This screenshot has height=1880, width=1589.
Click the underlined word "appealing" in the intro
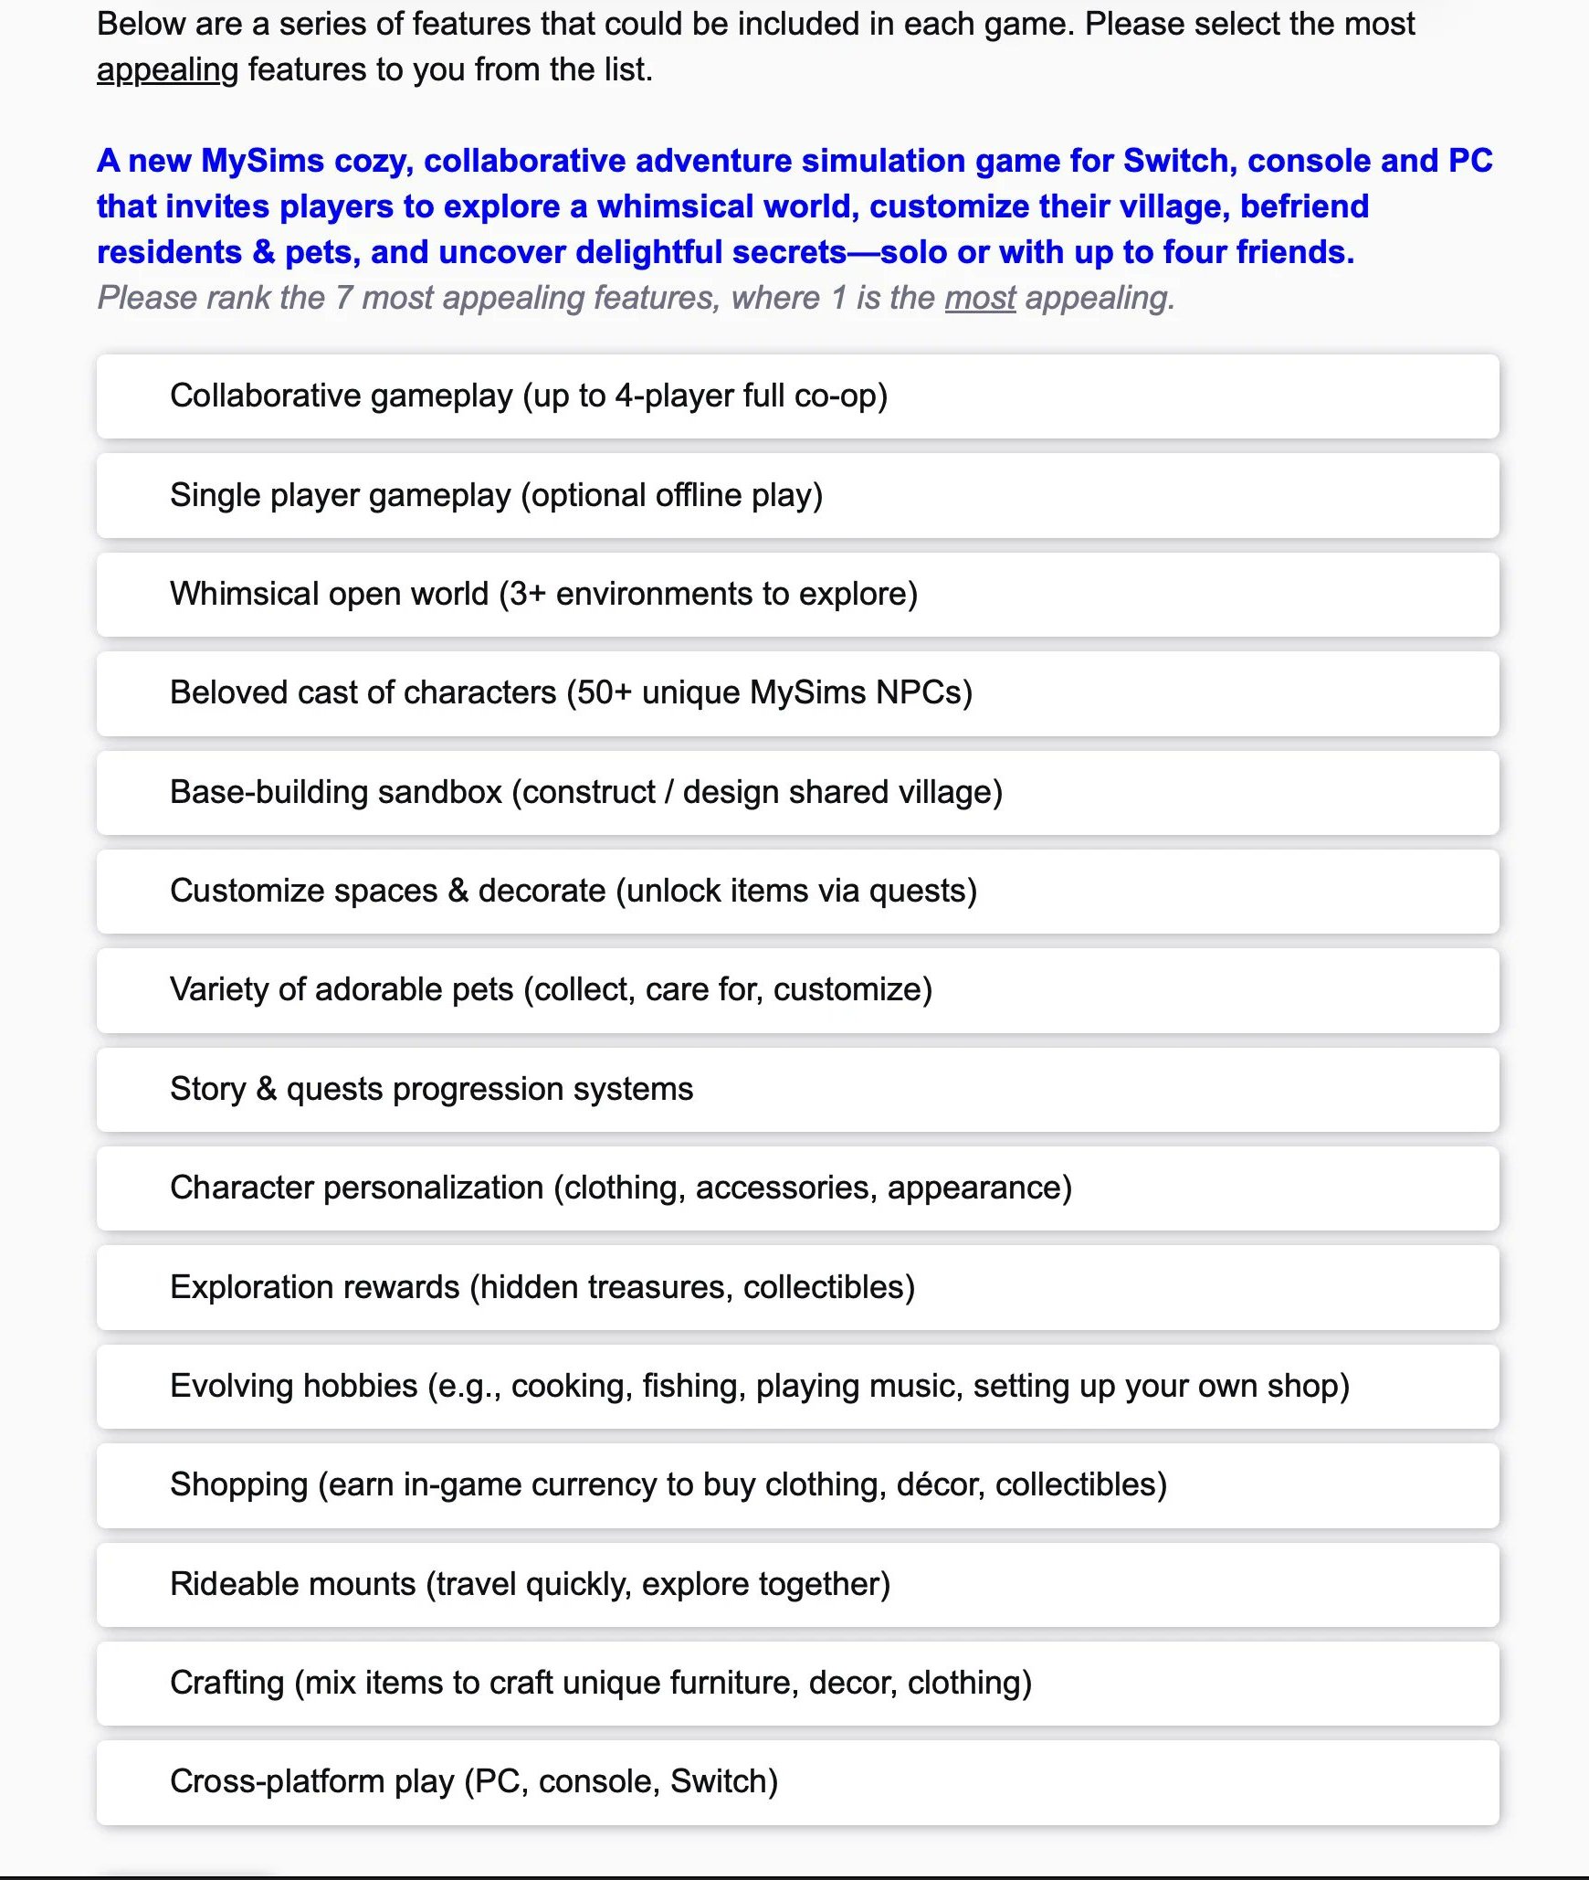point(167,70)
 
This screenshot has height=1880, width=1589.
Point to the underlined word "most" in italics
point(980,298)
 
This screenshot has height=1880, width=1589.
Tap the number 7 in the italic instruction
point(343,298)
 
